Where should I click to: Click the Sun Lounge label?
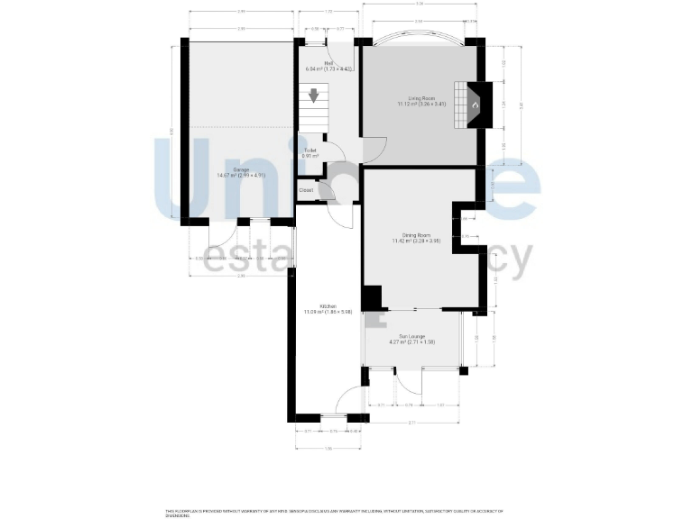[x=411, y=340]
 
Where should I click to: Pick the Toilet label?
[x=310, y=153]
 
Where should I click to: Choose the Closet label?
[x=307, y=190]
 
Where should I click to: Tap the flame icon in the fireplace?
[x=475, y=105]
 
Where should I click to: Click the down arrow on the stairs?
[x=314, y=95]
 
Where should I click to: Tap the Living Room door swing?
[x=374, y=150]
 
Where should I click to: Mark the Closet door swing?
[x=326, y=190]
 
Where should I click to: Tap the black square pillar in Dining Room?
[x=371, y=297]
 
